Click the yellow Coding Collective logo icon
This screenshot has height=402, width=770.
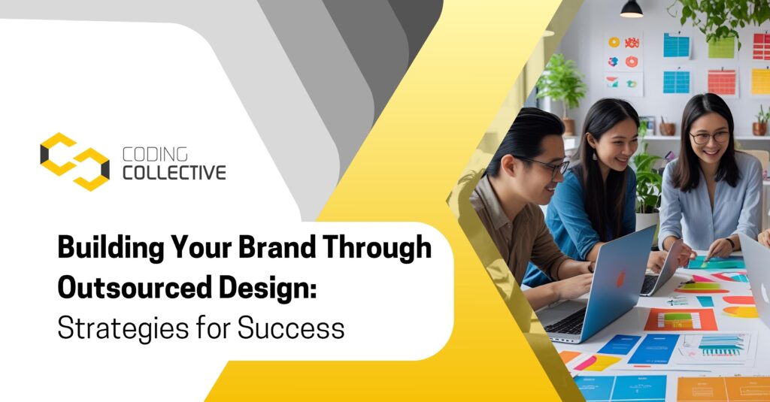(x=74, y=162)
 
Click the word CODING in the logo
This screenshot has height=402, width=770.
(x=155, y=154)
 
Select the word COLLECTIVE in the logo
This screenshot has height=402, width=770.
(x=174, y=173)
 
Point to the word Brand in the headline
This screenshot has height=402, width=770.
(x=277, y=247)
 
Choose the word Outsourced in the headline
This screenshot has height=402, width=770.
(x=135, y=288)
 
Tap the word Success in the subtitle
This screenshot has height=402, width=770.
(x=291, y=328)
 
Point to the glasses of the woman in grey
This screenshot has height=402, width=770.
(x=709, y=137)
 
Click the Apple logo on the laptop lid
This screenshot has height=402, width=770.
(x=620, y=280)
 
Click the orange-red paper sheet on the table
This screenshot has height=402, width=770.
(x=680, y=320)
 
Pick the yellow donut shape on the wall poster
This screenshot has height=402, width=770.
(x=614, y=42)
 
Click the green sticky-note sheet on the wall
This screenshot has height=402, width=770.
(x=721, y=47)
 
